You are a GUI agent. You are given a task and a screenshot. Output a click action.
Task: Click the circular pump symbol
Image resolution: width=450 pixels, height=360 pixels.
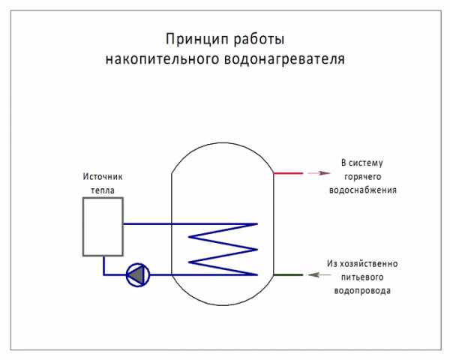[137, 274]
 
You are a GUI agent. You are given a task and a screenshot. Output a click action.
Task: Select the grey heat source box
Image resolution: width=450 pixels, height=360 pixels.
[103, 227]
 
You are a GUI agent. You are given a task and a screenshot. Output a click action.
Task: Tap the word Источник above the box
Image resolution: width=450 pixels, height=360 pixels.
[102, 177]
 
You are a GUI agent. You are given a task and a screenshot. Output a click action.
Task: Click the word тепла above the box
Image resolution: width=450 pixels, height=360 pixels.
[102, 190]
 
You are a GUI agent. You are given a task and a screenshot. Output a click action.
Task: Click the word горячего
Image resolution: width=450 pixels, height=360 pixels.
[363, 176]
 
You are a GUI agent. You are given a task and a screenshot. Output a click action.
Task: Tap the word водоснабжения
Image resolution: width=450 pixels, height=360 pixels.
[363, 190]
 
